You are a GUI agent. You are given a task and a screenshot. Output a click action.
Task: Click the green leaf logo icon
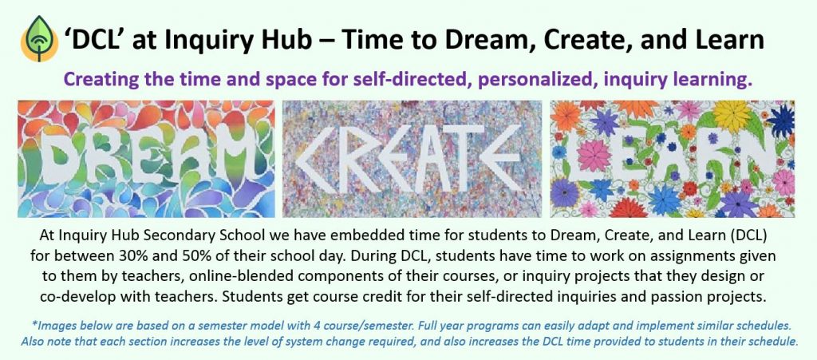(39, 39)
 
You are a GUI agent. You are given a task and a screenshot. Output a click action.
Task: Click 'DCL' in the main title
(95, 40)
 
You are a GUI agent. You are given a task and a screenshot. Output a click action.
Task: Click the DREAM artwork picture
(147, 159)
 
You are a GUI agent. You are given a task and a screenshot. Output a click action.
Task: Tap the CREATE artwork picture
(412, 159)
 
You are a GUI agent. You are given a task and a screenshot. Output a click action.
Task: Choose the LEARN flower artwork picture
(672, 159)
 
